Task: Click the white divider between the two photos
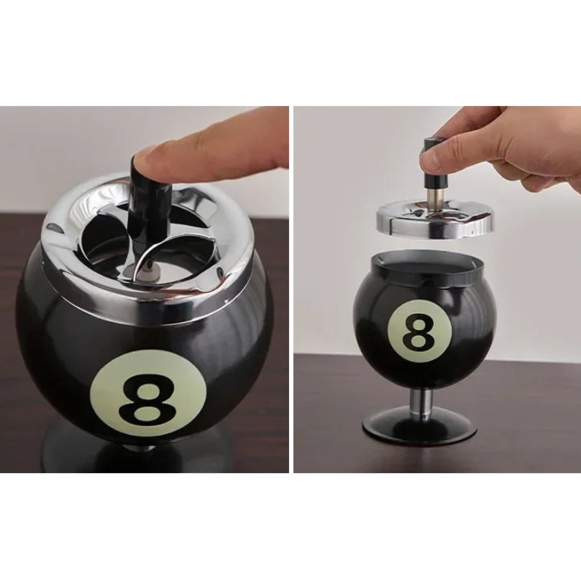pos(292,289)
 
